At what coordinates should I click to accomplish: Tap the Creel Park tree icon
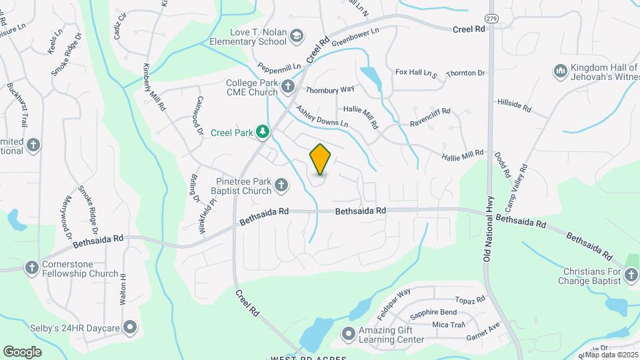[263, 132]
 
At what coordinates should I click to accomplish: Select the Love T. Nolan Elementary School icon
[297, 36]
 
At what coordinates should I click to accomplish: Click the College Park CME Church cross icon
[287, 86]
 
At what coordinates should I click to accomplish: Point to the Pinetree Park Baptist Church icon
[281, 185]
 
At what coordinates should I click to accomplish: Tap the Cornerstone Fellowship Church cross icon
[31, 268]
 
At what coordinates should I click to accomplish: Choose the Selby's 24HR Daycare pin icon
[130, 327]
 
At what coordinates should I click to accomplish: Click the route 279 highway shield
[491, 18]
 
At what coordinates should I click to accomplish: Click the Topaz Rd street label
[471, 301]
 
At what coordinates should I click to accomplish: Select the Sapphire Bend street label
[433, 313]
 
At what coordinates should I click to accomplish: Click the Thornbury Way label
[329, 89]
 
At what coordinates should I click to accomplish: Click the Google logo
[22, 351]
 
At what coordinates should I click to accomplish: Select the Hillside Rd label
[513, 104]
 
